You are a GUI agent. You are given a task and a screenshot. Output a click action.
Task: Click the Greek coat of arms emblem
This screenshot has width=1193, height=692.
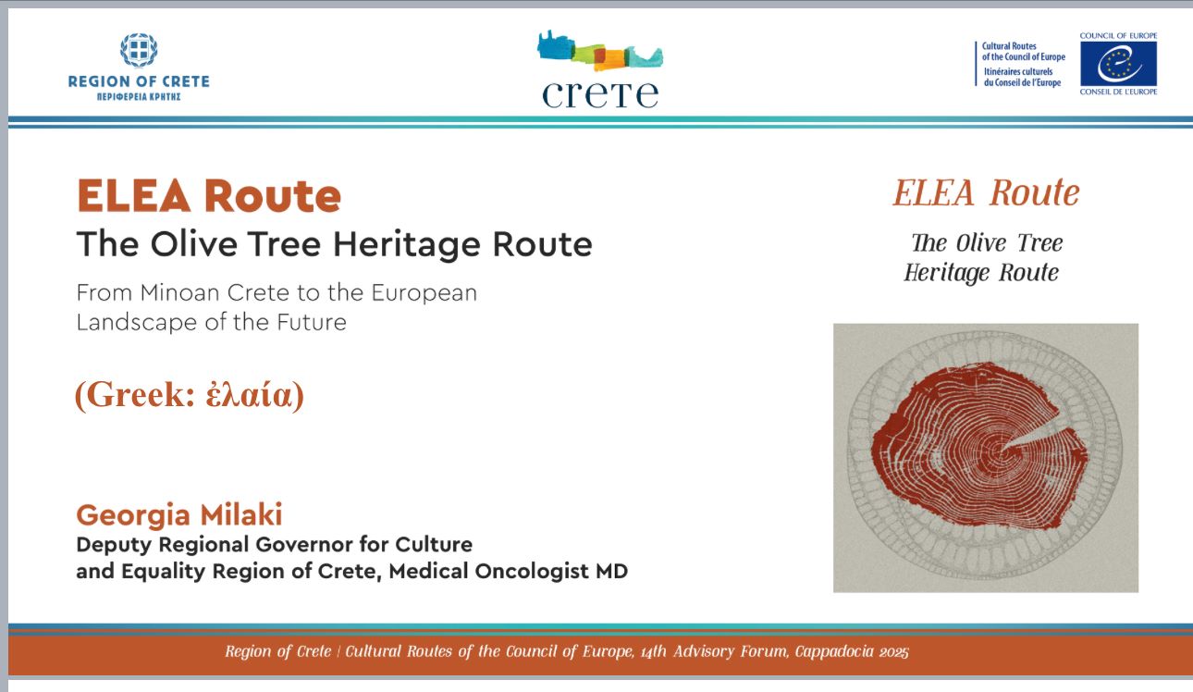click(x=139, y=50)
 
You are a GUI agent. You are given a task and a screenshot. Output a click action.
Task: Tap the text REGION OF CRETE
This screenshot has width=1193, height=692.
click(x=139, y=81)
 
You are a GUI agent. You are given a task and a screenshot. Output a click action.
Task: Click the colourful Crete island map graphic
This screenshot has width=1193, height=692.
click(x=600, y=51)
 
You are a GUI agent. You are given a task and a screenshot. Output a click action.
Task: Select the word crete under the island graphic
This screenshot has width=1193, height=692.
click(x=600, y=94)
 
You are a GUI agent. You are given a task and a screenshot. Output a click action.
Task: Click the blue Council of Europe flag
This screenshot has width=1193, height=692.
click(x=1118, y=64)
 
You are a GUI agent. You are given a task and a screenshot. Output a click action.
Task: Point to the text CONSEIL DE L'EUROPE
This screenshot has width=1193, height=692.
click(x=1118, y=92)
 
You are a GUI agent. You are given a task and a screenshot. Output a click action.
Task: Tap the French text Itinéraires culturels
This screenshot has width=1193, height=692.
click(x=1018, y=71)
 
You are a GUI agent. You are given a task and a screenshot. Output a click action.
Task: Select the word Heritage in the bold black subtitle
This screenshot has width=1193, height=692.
click(x=406, y=244)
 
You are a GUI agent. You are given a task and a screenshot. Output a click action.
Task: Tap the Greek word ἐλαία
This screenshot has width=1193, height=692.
click(x=249, y=395)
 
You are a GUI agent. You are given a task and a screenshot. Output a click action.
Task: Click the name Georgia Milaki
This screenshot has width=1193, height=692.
click(x=179, y=515)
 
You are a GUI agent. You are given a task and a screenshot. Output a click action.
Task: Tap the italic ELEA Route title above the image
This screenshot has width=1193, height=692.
click(x=987, y=192)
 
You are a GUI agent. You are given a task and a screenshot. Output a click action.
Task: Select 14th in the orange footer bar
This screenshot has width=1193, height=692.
click(x=653, y=651)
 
